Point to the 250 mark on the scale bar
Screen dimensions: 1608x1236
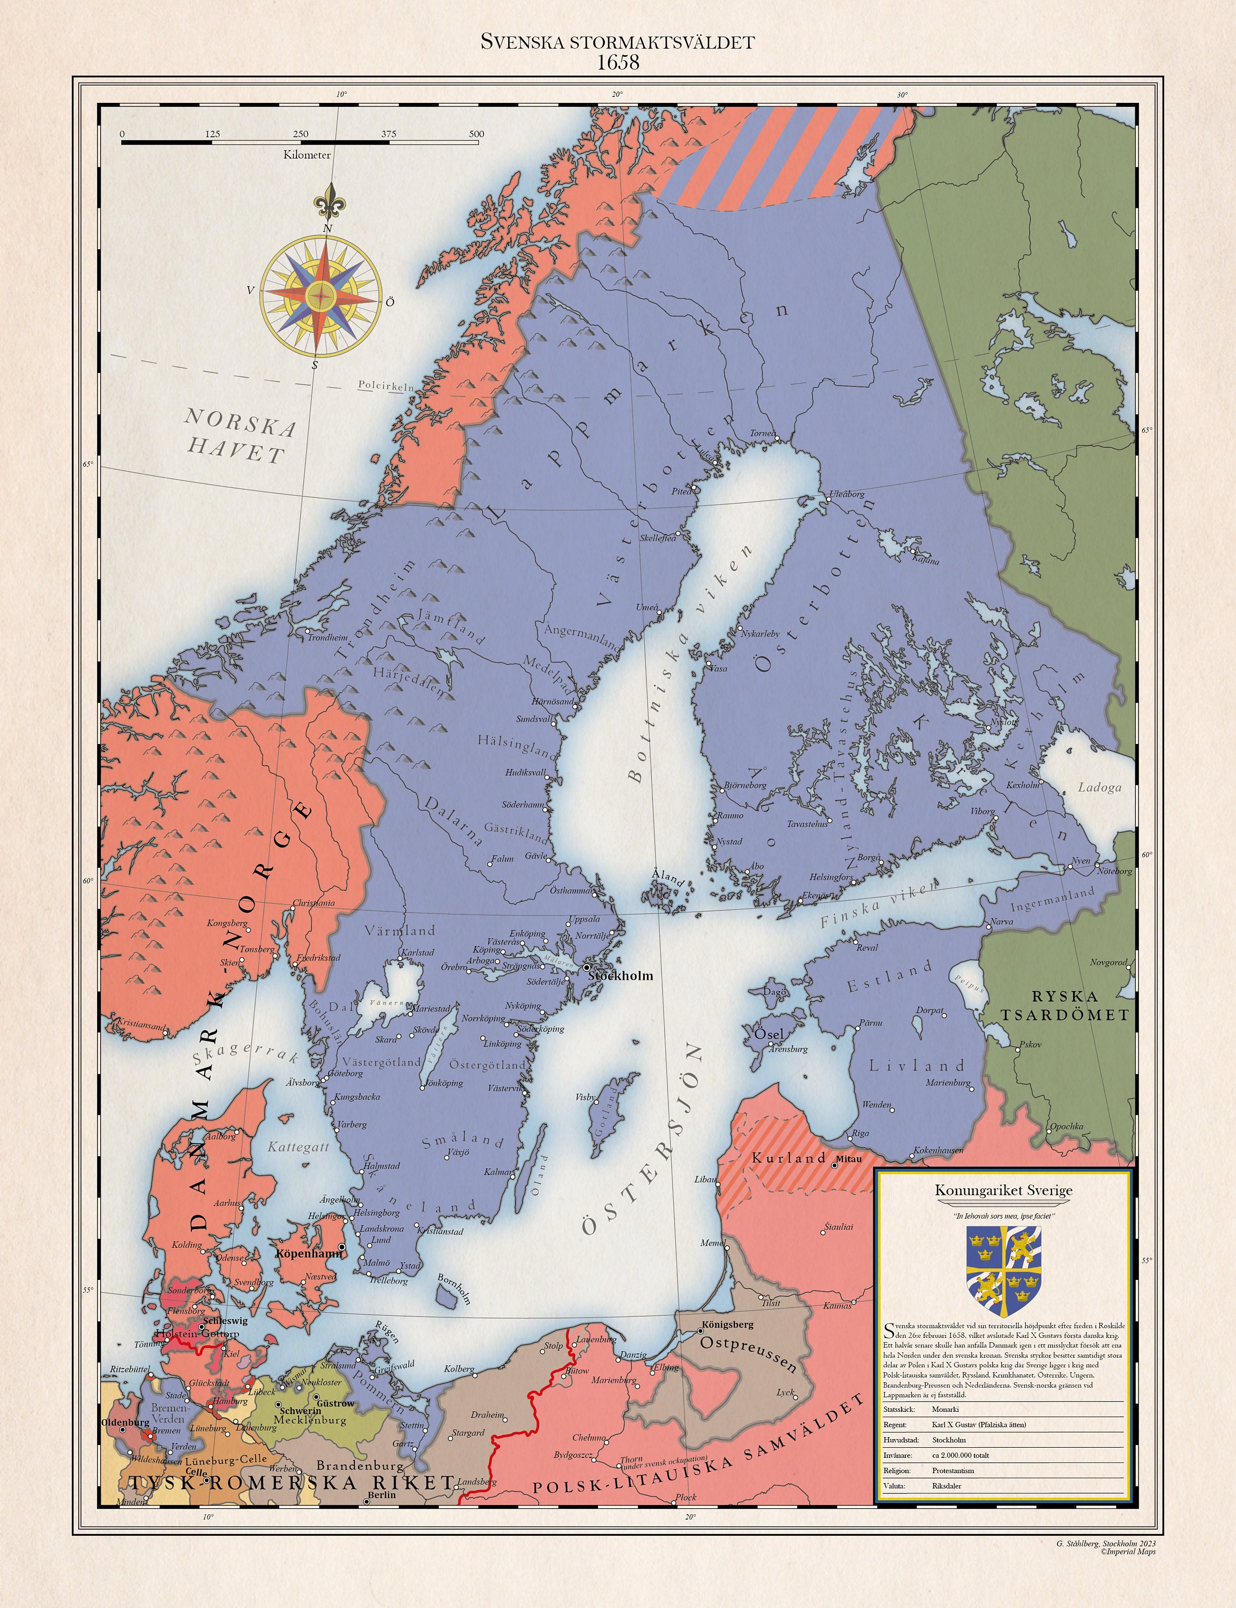pos(300,134)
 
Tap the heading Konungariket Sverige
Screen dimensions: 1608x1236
pos(1003,1190)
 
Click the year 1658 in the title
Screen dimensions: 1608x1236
pos(617,63)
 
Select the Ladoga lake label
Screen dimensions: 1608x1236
pos(1099,787)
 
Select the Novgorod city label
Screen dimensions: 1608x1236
pos(1108,962)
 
